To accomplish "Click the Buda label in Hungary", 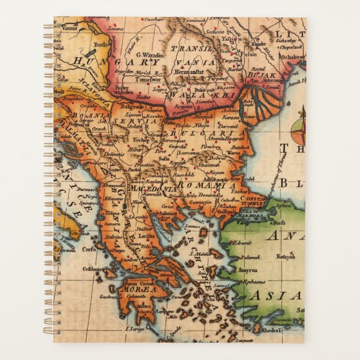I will tap(101, 44).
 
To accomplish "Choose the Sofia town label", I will tap(164, 158).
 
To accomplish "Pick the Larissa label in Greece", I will tap(146, 236).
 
